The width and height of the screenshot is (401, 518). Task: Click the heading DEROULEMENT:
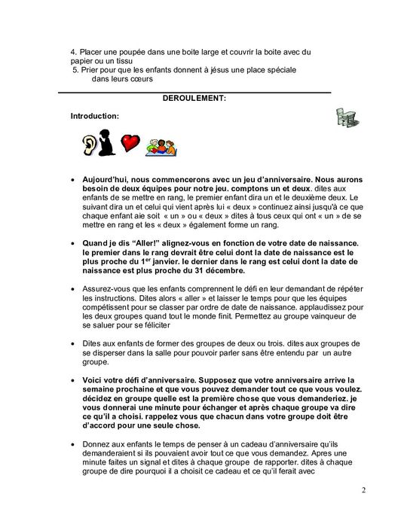pos(194,98)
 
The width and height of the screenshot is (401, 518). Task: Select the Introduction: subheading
pos(94,117)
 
